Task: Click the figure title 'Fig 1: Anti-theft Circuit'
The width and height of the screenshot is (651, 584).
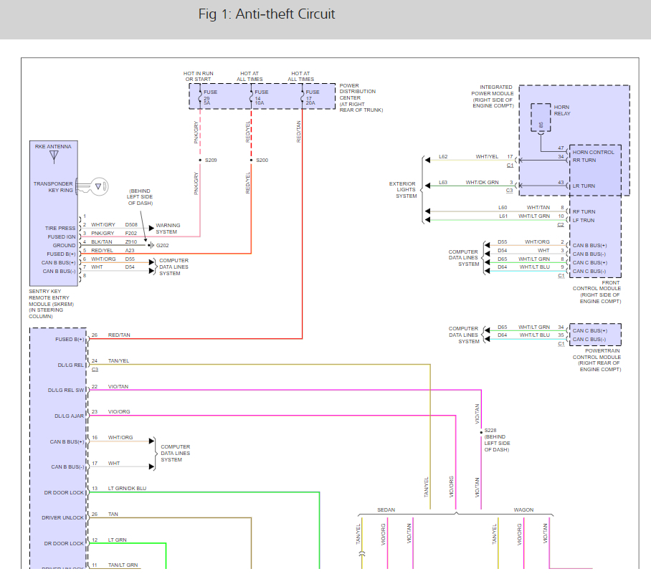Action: pos(266,14)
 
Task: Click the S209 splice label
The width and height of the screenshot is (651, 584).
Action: pos(210,160)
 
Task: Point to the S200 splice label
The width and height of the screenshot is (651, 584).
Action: pos(262,160)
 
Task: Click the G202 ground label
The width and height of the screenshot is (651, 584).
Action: pos(162,245)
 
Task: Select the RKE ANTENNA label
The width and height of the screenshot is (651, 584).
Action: pos(53,145)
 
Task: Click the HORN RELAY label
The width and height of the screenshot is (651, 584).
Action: pos(562,110)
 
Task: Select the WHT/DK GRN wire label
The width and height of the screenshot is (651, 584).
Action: pos(482,182)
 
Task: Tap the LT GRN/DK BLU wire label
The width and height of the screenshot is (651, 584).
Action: pos(127,489)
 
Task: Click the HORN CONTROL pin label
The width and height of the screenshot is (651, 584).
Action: pos(593,152)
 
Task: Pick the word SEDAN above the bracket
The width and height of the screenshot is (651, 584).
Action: pos(386,509)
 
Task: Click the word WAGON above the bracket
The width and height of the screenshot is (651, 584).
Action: pos(523,509)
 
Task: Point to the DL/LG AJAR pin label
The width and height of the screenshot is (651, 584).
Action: pos(69,416)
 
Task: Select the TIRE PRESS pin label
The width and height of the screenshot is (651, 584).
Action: pos(60,229)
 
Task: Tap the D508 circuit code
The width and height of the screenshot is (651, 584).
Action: pos(131,225)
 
